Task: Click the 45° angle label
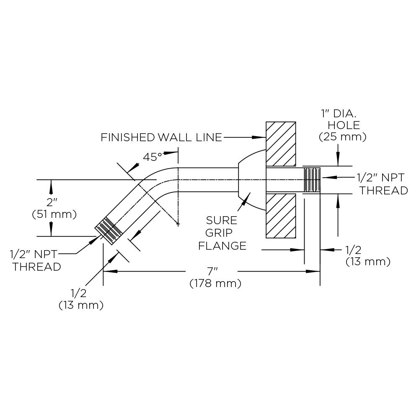[x=153, y=158]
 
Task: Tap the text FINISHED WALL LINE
[x=161, y=137]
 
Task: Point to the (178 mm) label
[x=215, y=284]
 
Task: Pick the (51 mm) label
[x=54, y=215]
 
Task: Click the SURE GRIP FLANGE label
[x=222, y=233]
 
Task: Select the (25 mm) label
[x=343, y=137]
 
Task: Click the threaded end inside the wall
[x=312, y=179]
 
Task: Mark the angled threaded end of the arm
[x=108, y=232]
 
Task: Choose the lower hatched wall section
[x=281, y=216]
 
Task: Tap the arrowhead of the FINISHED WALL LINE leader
[x=262, y=137]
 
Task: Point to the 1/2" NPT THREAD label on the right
[x=382, y=184]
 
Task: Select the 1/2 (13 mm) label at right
[x=368, y=256]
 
